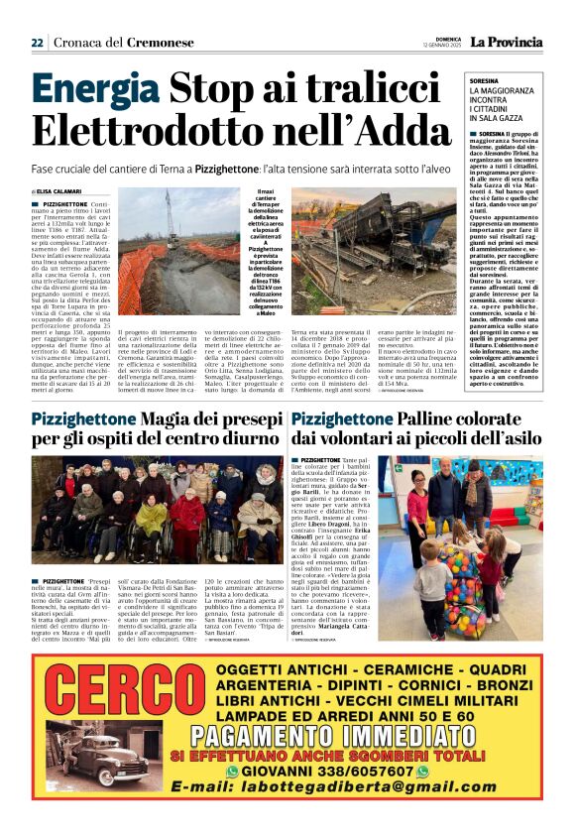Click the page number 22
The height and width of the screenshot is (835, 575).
[x=37, y=43]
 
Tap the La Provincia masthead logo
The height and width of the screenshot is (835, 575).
[x=506, y=42]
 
